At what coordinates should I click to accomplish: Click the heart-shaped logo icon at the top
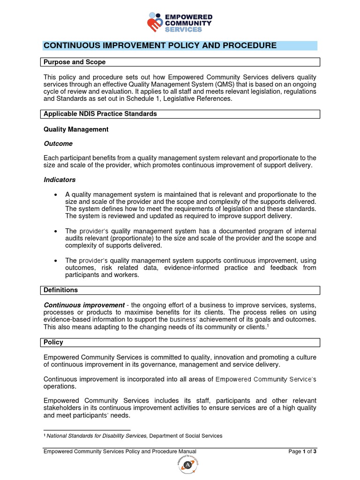(155, 22)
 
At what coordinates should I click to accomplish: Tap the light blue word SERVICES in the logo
(183, 29)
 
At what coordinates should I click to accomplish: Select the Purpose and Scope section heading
(75, 62)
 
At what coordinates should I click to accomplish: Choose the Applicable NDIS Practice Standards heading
(100, 114)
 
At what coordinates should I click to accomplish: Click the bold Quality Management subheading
(76, 129)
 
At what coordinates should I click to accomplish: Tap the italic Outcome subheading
(58, 143)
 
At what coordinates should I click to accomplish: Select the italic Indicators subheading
(60, 180)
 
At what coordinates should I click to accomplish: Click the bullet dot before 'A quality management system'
(56, 195)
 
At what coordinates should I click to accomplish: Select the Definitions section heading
(60, 290)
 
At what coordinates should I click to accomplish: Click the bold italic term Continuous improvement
(84, 305)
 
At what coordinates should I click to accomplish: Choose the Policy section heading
(53, 342)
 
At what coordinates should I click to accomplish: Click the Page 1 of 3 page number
(303, 452)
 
